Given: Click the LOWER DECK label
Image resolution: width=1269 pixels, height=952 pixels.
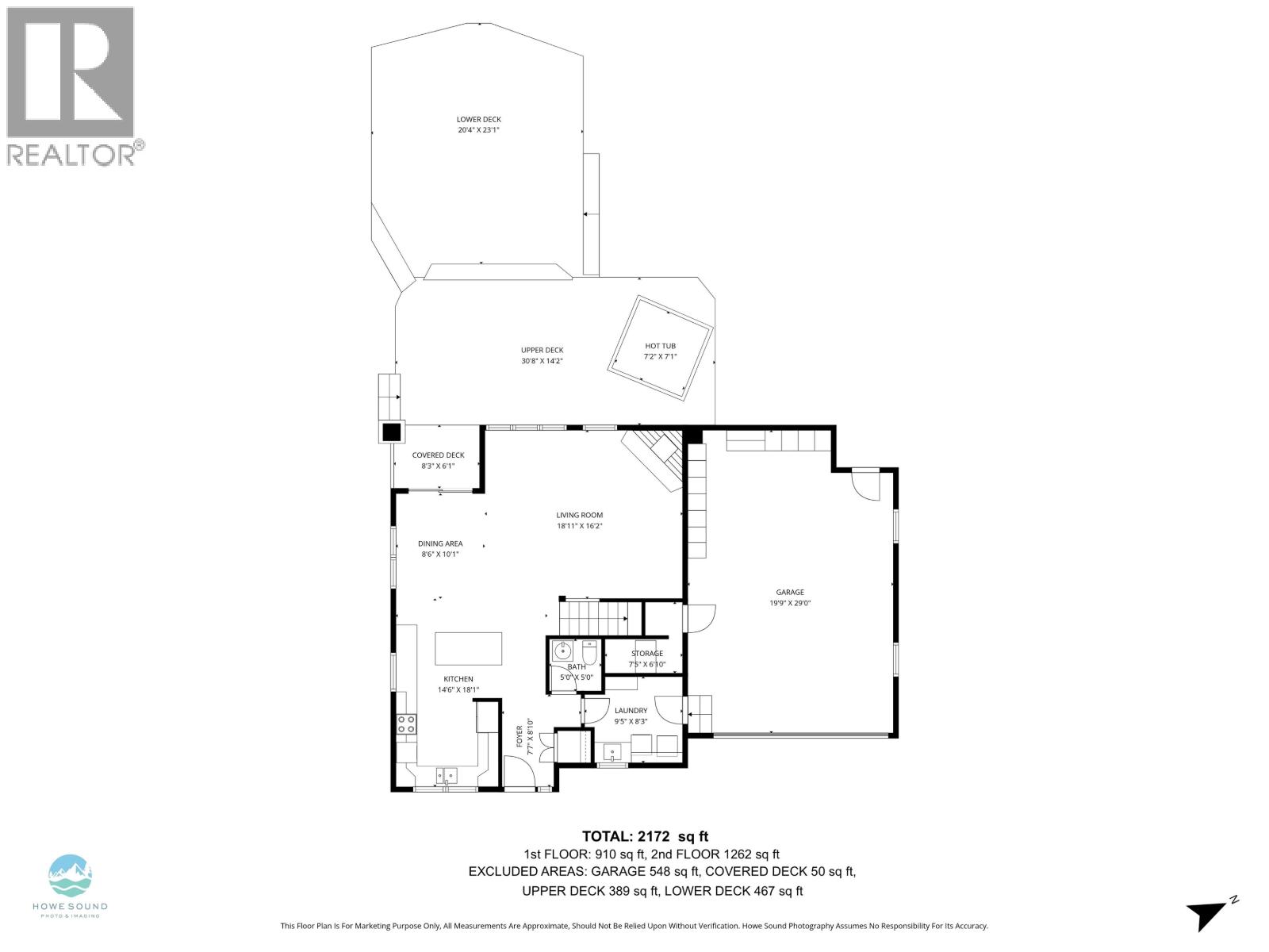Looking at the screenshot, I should tap(478, 119).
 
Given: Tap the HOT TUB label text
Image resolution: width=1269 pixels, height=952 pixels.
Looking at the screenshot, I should tap(660, 346).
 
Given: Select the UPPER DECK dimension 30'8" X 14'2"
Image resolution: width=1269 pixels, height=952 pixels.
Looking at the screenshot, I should tap(542, 361).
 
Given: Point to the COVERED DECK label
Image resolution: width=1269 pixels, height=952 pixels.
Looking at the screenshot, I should tap(438, 455).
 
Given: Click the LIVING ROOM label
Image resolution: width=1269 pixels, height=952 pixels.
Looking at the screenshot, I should tap(579, 515).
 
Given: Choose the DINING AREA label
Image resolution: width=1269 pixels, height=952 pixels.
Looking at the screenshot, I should tap(440, 544).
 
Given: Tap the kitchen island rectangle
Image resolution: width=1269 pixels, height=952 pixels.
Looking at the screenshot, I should tap(468, 648).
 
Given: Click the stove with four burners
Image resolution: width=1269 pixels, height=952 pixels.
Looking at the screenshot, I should tap(407, 724).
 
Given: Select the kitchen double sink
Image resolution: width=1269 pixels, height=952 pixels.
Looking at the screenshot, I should tap(445, 774).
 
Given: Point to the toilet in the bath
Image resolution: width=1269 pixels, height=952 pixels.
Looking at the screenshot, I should tap(589, 652).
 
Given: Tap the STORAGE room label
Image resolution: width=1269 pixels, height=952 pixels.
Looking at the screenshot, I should tap(646, 654).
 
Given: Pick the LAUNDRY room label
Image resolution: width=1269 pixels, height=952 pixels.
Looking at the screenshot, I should tap(631, 711).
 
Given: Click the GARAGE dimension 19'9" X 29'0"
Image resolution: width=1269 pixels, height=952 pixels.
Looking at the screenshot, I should tap(789, 603).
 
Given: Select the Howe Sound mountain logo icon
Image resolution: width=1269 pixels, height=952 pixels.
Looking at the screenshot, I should tap(71, 876).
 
